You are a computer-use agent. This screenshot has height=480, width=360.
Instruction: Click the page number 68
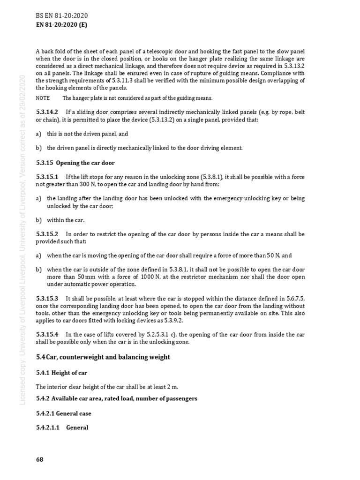39,459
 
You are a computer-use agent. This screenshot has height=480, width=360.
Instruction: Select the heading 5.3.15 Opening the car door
75,163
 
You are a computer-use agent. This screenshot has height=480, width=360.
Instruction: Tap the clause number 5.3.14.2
47,112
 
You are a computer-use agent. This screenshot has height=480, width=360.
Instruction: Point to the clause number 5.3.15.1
47,177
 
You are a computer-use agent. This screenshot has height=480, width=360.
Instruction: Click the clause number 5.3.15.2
47,233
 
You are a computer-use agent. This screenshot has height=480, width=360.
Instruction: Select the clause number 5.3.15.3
47,298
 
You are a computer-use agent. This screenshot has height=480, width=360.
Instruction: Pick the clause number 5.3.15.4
47,334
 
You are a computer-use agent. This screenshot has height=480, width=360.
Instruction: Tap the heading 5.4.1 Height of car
61,373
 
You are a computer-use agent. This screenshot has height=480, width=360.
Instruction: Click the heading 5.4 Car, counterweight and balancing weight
103,357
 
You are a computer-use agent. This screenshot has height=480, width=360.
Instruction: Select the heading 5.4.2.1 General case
64,414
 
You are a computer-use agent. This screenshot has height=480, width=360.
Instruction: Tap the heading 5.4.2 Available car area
117,398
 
